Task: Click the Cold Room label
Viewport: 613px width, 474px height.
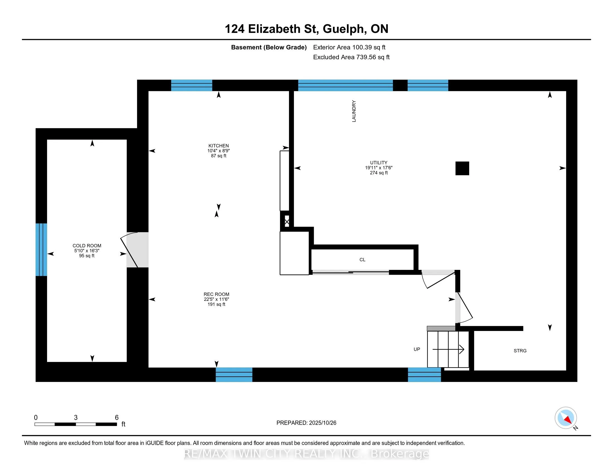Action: pos(87,246)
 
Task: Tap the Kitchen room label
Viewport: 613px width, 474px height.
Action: pos(218,146)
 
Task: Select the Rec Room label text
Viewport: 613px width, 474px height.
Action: pos(217,294)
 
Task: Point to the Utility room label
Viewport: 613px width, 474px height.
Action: pos(379,163)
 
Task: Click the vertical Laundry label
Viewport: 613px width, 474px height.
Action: pos(354,111)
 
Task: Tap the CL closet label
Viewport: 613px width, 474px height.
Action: pos(362,260)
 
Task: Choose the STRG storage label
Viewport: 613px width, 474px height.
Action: pos(520,351)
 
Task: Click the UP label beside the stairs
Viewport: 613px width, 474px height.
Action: pos(417,349)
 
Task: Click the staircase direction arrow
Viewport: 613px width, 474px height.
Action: pos(448,349)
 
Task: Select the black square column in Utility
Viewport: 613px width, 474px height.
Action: pos(462,168)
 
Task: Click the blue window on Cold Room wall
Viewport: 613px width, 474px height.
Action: pos(41,250)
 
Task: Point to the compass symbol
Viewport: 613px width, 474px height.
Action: pos(566,418)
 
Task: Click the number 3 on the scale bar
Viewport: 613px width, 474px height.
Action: pos(76,418)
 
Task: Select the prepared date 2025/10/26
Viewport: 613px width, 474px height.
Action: pos(322,423)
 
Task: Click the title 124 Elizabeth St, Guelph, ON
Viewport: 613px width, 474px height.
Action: pos(306,29)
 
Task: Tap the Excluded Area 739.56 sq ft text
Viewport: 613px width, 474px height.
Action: pos(351,57)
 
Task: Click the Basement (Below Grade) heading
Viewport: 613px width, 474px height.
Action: pos(269,47)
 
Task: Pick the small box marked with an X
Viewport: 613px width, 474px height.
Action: pos(287,222)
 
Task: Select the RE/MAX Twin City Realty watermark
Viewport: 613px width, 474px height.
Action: pos(306,454)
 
